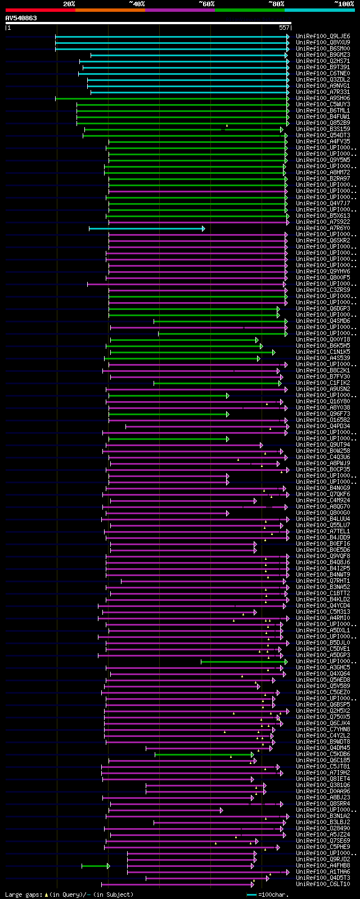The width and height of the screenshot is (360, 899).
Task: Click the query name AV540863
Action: point(21,18)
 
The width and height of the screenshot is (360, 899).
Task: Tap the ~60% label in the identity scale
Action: point(206,4)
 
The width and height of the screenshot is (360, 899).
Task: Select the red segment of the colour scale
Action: point(40,10)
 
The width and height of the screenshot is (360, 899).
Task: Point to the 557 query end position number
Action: point(283,28)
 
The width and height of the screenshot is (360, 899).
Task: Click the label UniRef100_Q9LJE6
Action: point(323,37)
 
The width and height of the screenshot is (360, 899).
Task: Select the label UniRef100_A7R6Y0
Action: point(323,228)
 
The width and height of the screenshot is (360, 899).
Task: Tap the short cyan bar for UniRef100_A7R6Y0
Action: point(146,228)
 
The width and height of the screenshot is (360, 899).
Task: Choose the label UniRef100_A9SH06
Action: point(323,98)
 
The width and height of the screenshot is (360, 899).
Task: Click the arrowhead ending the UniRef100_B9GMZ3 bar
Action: point(286,55)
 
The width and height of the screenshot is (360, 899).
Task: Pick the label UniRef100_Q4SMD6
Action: point(323,321)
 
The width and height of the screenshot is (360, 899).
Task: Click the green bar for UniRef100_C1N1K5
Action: point(191,352)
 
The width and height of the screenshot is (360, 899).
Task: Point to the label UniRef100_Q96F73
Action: point(323,414)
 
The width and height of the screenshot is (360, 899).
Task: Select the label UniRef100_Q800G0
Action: point(323,513)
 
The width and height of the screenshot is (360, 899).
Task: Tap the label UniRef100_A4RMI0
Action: point(323,618)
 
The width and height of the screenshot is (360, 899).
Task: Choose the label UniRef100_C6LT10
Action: point(323,884)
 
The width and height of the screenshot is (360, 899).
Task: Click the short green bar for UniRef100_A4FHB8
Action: point(94,866)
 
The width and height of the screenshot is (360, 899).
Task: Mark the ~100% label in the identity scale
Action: point(344,4)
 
